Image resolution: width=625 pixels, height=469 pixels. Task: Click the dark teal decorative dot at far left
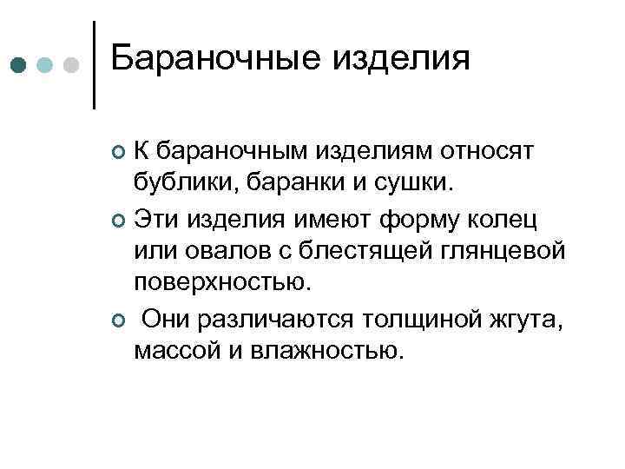[18, 65]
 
